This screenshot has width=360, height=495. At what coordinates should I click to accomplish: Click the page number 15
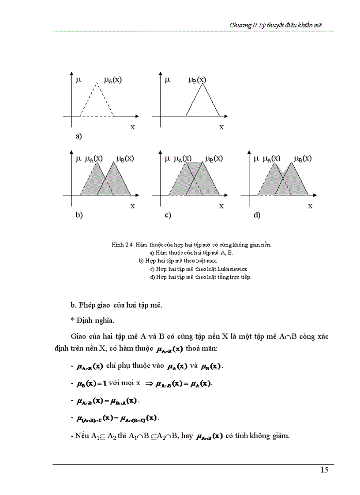(324, 470)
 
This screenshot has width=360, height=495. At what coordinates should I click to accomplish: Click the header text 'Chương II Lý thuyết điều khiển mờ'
(276, 26)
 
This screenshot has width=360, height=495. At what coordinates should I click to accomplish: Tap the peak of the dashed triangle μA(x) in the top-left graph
(97, 82)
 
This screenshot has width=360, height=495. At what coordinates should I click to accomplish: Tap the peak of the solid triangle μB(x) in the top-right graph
(202, 83)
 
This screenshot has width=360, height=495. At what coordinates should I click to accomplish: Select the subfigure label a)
(79, 137)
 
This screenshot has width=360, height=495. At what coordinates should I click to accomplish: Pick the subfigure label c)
(168, 215)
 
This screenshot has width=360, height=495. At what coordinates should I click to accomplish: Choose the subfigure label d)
(257, 215)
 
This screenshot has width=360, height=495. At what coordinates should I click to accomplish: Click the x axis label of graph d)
(310, 206)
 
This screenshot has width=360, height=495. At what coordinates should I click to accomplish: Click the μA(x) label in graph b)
(94, 159)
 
